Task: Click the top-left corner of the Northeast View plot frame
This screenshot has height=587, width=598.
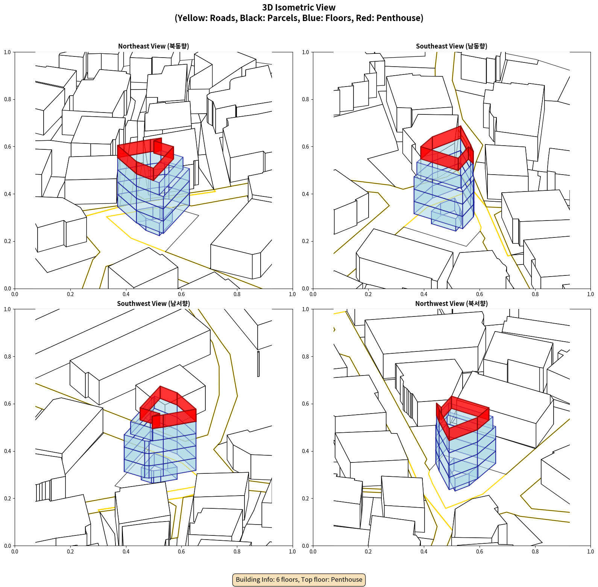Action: (15, 52)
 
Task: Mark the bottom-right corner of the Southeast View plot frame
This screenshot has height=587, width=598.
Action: (590, 289)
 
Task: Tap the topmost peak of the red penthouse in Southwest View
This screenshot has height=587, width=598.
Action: (161, 386)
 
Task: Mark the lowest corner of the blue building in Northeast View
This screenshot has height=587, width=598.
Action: (160, 236)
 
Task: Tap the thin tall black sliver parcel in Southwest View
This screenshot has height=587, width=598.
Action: (258, 363)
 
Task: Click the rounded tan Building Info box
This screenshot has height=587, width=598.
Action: (299, 579)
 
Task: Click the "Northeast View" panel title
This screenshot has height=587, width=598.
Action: (153, 46)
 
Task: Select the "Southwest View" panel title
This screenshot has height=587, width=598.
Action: (153, 304)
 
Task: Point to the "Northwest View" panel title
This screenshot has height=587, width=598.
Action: (451, 304)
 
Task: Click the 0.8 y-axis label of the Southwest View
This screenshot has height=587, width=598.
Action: (8, 356)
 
